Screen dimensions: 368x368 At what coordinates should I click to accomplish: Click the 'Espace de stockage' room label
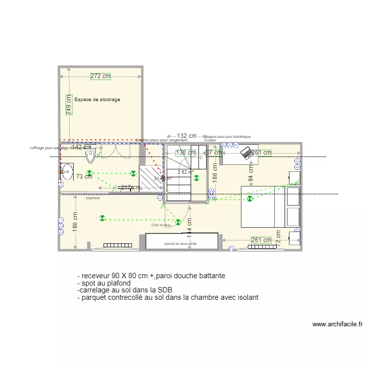97,100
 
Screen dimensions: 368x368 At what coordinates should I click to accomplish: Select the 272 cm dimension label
100,76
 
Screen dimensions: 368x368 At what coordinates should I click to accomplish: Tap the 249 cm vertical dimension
69,105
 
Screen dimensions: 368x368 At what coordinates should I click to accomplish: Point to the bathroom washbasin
67,171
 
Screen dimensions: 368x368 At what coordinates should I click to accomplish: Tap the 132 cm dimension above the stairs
186,136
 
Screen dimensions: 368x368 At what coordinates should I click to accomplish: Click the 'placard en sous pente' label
181,243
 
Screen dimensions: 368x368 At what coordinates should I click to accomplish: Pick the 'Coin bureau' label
161,225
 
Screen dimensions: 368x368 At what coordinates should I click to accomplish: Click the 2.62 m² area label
185,172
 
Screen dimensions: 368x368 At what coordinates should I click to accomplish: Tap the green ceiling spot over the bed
250,198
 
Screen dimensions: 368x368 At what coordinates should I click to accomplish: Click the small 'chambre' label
92,199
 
